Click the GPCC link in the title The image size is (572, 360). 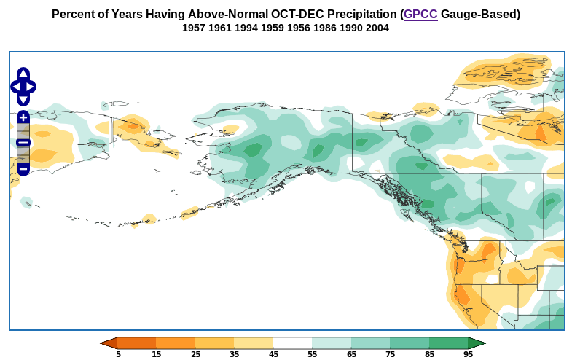click(420, 15)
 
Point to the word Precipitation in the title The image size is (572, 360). click(351, 15)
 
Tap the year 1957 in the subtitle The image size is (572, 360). click(194, 28)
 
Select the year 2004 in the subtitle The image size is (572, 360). click(377, 28)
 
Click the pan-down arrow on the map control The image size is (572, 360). click(23, 100)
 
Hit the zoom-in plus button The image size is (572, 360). click(23, 117)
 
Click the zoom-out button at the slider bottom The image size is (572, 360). click(23, 169)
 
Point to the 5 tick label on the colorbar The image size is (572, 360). click(118, 355)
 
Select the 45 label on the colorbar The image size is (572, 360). click(273, 355)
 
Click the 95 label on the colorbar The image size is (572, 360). click(468, 355)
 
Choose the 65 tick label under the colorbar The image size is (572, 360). click(351, 355)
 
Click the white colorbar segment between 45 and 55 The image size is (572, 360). click(292, 343)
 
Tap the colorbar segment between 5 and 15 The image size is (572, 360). click(137, 343)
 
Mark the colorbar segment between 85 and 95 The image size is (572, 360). click(448, 343)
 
